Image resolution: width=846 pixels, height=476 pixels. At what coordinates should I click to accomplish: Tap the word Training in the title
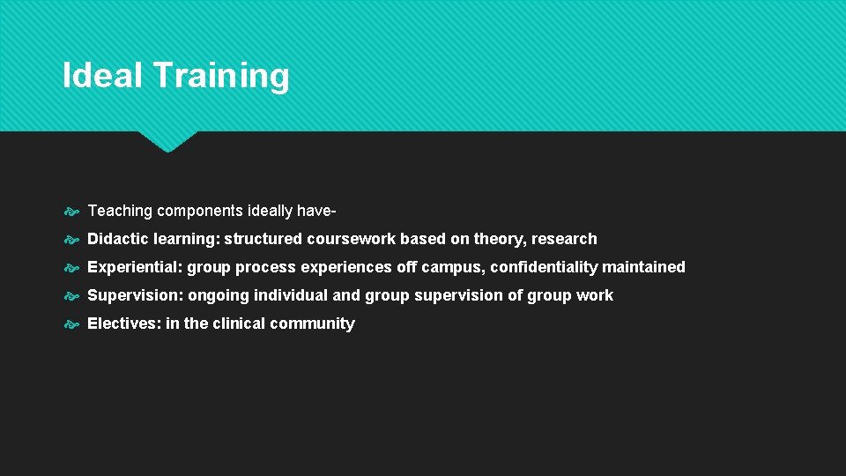(220, 77)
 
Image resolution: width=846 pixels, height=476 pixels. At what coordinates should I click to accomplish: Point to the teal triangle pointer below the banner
(167, 141)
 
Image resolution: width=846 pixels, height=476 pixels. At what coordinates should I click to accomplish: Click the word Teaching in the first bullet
(120, 211)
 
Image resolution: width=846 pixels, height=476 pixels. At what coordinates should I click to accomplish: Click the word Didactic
(118, 239)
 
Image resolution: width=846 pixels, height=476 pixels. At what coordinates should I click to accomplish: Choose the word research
(567, 239)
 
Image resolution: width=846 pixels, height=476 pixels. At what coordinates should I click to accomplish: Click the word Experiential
(134, 267)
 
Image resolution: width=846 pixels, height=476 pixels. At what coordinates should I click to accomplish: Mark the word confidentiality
(544, 267)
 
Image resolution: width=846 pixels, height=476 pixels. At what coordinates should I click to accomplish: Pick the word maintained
(643, 267)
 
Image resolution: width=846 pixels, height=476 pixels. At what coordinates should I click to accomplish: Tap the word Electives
(122, 324)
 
